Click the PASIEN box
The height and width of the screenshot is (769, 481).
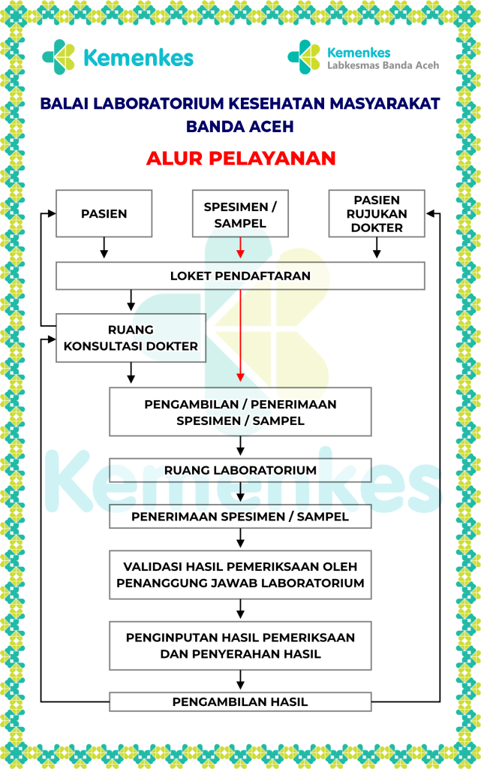tap(104, 213)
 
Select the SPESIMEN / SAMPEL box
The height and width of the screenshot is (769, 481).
tap(240, 213)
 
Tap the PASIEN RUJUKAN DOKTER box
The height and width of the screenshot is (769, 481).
tap(377, 213)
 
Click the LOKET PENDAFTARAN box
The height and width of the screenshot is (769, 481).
tap(240, 276)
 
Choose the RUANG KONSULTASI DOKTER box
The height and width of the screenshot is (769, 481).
tap(131, 338)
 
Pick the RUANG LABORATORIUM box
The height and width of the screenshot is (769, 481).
tap(240, 470)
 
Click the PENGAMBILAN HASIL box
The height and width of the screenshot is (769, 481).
tap(240, 702)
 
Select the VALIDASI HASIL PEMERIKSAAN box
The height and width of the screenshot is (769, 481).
tap(240, 574)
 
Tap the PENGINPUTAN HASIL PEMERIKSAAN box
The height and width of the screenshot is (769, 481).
tap(240, 645)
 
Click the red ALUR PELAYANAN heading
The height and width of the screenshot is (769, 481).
tap(240, 158)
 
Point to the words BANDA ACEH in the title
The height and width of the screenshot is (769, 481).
tap(240, 126)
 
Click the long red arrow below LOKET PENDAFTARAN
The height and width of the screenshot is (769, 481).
tap(240, 336)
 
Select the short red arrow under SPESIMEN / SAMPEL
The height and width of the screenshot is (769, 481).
tap(240, 248)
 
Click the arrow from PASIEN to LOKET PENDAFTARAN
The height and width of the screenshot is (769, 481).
tap(104, 248)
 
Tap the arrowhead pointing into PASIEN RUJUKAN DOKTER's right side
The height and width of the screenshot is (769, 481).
tap(430, 213)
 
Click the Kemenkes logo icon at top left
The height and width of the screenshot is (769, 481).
tap(59, 57)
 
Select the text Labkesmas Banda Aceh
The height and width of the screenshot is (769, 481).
tap(383, 65)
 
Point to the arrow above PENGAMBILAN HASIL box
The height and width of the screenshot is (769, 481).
tap(240, 680)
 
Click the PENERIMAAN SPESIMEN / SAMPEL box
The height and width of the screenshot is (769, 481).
tap(240, 517)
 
